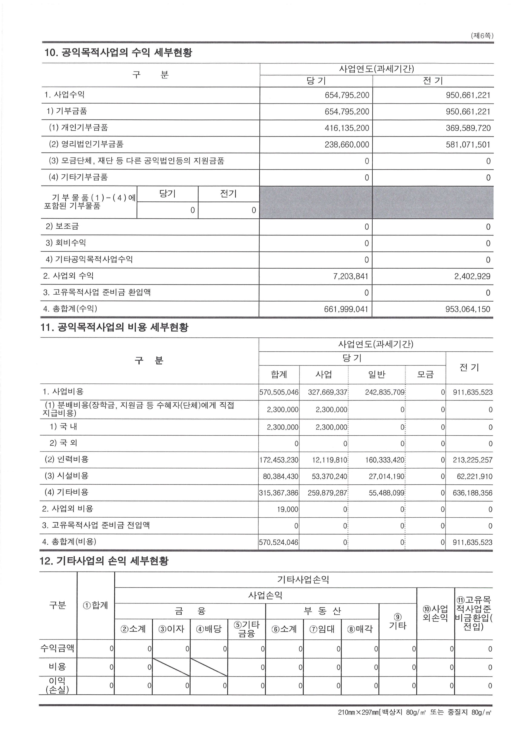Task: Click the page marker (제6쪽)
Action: tap(482, 36)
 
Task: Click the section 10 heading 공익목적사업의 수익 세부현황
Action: tap(118, 52)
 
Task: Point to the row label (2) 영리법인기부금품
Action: tap(86, 144)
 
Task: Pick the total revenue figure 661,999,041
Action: tap(346, 309)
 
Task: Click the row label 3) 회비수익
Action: tap(66, 243)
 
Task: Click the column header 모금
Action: tap(425, 374)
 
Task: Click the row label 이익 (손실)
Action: tap(57, 685)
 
